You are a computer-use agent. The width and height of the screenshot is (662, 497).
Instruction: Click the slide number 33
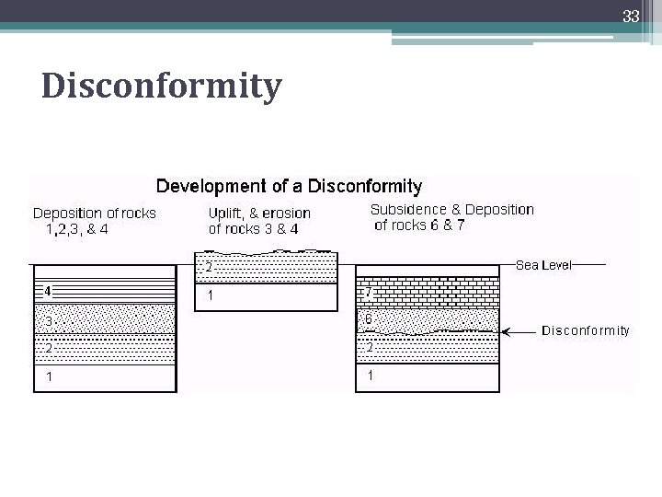coord(630,17)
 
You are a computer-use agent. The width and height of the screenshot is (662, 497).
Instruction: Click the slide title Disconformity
coord(162,87)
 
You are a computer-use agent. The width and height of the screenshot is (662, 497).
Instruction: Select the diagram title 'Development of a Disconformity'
coord(289,187)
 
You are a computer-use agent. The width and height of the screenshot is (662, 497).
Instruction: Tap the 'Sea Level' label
coord(543,265)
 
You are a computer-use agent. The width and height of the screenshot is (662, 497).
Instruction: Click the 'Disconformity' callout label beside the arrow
coord(586,330)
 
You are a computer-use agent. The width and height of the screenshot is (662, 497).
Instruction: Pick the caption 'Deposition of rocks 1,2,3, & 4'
coord(94,221)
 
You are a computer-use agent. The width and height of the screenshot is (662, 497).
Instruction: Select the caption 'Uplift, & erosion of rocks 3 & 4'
coord(259,221)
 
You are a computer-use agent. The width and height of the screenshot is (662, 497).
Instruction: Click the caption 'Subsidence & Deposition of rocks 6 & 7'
coord(451,217)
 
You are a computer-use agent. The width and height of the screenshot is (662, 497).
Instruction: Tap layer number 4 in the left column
coord(47,292)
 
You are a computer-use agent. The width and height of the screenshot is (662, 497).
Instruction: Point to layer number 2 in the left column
coord(48,349)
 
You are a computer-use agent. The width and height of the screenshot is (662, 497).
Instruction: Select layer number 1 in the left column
coord(48,376)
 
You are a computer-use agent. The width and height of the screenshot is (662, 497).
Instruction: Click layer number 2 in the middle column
coord(209,268)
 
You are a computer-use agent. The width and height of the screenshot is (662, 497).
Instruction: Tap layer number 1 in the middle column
coord(211,296)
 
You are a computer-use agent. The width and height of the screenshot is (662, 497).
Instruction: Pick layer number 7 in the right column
coord(369,292)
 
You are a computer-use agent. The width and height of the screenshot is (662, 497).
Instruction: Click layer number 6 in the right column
coord(369,318)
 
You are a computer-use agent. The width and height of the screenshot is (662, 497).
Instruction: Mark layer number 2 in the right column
coord(370,348)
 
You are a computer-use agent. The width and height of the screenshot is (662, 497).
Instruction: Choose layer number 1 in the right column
coord(370,376)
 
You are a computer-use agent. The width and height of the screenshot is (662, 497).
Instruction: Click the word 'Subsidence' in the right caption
coord(407,210)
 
